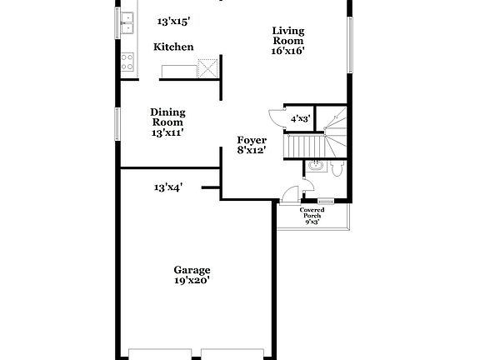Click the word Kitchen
[173, 47]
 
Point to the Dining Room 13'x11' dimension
[167, 132]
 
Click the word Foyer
[251, 141]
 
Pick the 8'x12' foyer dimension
[251, 152]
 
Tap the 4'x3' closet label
[300, 119]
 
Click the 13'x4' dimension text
[168, 187]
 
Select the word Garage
[192, 270]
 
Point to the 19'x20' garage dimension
[192, 281]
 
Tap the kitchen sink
[127, 23]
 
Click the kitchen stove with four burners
[128, 62]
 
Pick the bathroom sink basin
[313, 165]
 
